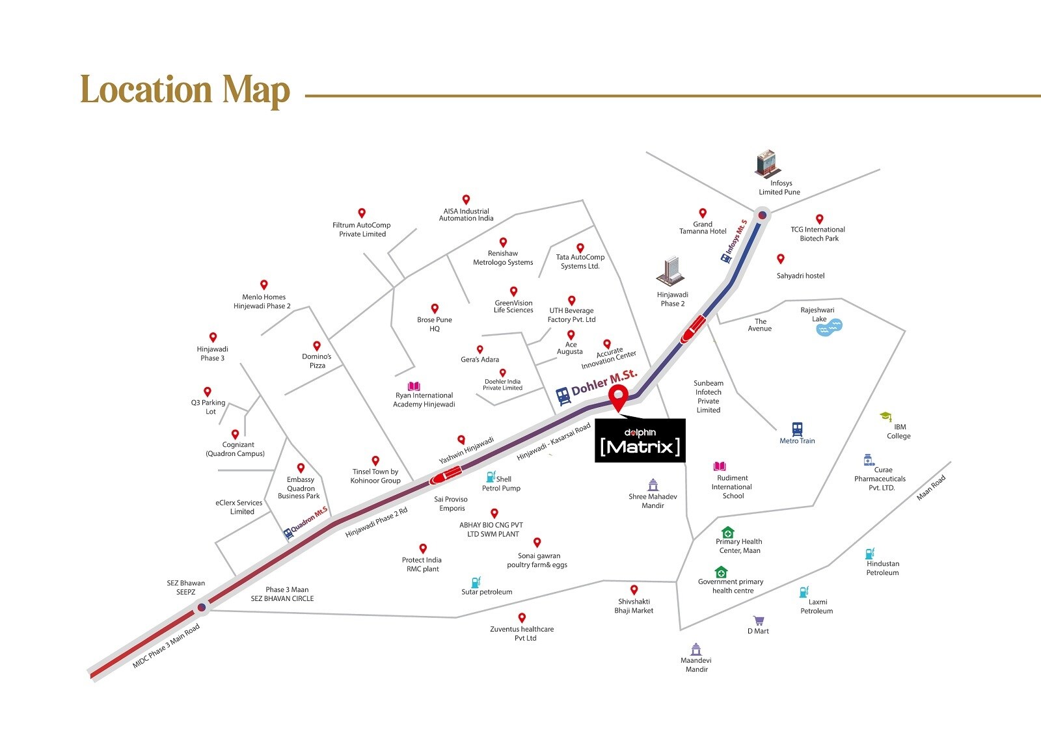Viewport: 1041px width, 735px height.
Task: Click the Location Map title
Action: point(185,90)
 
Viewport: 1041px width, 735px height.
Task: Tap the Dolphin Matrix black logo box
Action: point(640,440)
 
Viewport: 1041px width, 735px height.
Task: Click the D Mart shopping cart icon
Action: point(758,621)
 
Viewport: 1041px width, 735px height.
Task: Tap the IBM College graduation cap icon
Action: point(886,416)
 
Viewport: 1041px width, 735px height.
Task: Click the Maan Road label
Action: point(931,488)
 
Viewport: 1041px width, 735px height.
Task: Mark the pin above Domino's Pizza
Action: point(317,346)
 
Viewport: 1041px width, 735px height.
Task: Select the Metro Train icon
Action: point(797,429)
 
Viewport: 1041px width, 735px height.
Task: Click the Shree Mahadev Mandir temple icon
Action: point(653,485)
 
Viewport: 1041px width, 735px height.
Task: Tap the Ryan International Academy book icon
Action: point(414,386)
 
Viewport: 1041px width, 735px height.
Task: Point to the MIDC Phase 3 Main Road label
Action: point(166,646)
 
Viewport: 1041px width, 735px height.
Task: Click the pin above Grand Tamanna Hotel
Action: point(703,213)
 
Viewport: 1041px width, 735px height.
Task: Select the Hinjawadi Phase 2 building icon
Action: point(671,271)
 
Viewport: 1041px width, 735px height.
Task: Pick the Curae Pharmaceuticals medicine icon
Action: point(869,460)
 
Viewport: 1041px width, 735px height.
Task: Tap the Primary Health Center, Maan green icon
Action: point(728,532)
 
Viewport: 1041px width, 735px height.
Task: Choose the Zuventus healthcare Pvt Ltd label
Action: point(522,634)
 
